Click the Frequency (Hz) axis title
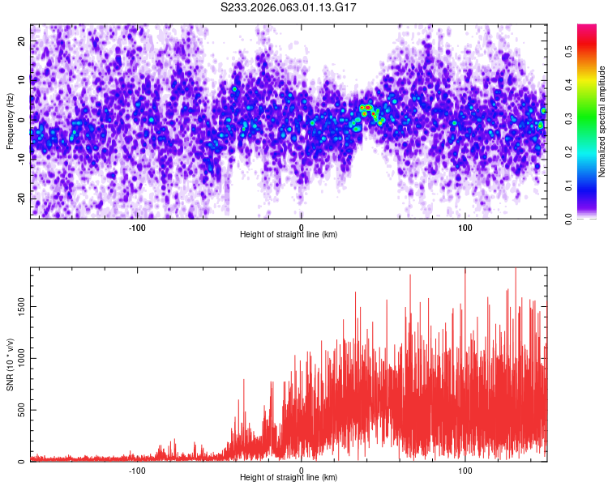point(10,121)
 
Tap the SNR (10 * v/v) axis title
point(10,364)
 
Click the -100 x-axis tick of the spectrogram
point(136,227)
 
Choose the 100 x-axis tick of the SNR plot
point(465,470)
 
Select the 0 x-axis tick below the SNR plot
point(302,470)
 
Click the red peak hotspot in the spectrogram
point(366,107)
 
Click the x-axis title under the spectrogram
point(289,235)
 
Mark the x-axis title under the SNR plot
point(289,478)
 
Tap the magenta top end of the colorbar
point(587,28)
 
